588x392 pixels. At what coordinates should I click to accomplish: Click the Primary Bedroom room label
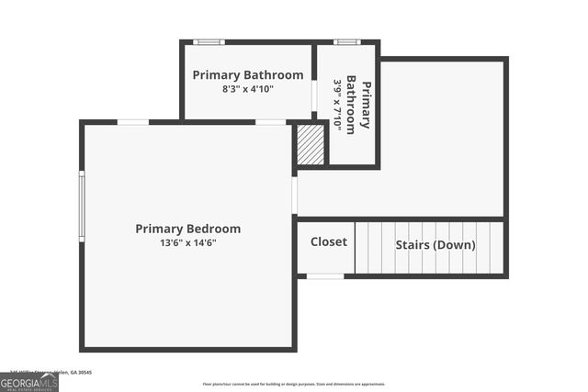[x=187, y=229]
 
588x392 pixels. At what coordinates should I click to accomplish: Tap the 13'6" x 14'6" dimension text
[x=187, y=243]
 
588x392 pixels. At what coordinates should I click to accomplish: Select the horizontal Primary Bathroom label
[x=247, y=74]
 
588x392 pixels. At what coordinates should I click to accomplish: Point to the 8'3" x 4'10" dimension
[x=247, y=89]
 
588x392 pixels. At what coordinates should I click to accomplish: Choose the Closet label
[x=328, y=242]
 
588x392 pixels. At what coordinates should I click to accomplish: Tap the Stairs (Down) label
[x=435, y=245]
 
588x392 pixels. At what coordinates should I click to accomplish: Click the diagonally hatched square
[x=311, y=145]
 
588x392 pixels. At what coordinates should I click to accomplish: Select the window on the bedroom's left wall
[x=82, y=207]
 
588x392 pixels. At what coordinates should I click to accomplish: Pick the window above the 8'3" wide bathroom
[x=209, y=41]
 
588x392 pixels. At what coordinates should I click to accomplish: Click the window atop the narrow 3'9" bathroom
[x=346, y=41]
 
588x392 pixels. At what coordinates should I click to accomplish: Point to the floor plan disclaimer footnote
[x=294, y=385]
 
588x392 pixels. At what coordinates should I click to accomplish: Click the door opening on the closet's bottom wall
[x=325, y=275]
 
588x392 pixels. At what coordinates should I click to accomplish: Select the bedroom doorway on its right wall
[x=294, y=195]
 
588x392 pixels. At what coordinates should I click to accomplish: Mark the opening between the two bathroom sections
[x=314, y=95]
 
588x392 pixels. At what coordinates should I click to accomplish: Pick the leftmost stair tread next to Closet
[x=361, y=248]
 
